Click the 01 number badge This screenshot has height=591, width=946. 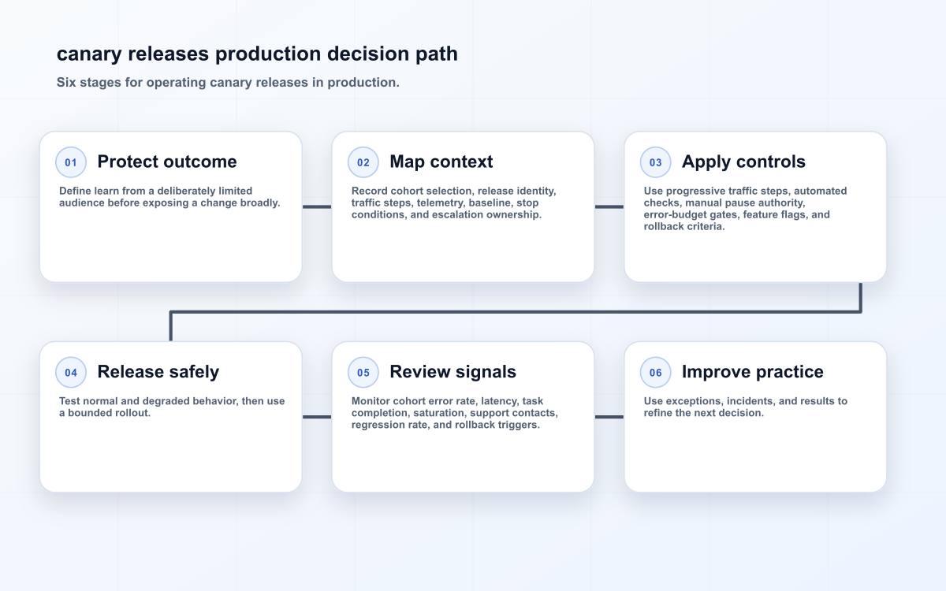click(71, 162)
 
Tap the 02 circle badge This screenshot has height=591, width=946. click(363, 162)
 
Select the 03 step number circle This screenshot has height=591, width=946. click(655, 162)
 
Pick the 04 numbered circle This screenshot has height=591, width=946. click(71, 372)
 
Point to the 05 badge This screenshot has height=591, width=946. click(363, 372)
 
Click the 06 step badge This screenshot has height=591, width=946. click(655, 372)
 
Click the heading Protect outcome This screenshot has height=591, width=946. click(167, 162)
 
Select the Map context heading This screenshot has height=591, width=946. click(441, 162)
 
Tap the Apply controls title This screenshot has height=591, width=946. click(743, 162)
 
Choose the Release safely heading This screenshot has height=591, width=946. click(158, 372)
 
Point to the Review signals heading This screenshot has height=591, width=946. click(453, 372)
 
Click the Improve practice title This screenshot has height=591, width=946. click(753, 372)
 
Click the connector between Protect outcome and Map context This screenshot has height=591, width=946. click(317, 206)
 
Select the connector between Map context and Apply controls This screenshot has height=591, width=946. click(609, 206)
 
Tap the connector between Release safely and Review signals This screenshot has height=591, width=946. click(317, 417)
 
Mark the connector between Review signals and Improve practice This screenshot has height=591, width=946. click(609, 417)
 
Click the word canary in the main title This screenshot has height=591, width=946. click(89, 54)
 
